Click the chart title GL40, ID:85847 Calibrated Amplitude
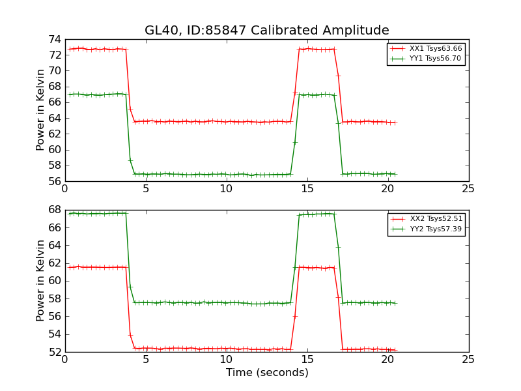click(x=266, y=31)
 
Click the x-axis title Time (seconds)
click(x=267, y=373)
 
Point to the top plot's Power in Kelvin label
click(x=40, y=109)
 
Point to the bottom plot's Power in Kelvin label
click(x=40, y=280)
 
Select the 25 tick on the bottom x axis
click(x=468, y=360)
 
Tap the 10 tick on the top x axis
click(x=226, y=189)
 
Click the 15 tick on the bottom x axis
click(x=307, y=360)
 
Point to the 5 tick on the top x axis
click(x=146, y=189)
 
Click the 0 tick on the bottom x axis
click(x=65, y=360)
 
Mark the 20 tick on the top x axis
click(x=387, y=189)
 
